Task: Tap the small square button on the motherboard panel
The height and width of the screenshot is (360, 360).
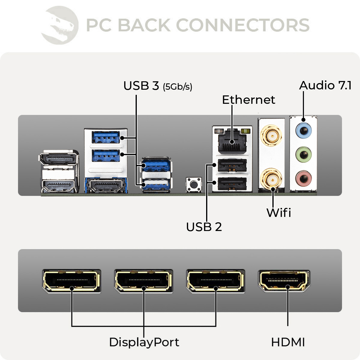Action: [194, 184]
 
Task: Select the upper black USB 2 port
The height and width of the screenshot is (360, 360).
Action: [232, 165]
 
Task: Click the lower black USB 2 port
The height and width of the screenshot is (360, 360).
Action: [232, 183]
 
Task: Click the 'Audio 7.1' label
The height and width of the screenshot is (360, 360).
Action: [325, 85]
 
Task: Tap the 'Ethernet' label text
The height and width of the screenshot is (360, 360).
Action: [248, 100]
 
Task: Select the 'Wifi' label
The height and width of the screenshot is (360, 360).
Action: [279, 213]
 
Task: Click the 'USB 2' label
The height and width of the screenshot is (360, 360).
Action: [204, 227]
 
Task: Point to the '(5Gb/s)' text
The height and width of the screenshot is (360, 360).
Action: [178, 87]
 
